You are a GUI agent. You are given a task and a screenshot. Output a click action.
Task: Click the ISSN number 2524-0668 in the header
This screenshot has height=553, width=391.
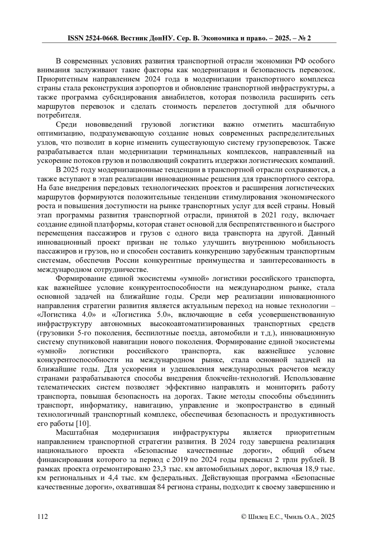pos(101,38)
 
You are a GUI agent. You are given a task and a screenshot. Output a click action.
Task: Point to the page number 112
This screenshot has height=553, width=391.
pos(43,517)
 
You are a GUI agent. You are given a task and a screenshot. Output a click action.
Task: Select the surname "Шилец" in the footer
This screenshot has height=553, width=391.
pos(257,517)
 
